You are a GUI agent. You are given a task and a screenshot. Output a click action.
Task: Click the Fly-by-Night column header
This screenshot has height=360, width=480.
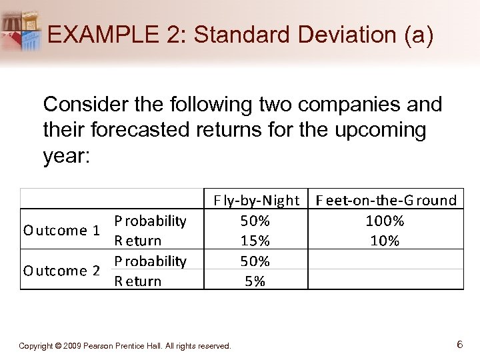[256, 200]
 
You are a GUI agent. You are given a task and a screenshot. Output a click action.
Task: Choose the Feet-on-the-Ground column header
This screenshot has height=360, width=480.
[386, 200]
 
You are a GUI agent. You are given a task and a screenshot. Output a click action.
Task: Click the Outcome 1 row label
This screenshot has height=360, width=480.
[61, 231]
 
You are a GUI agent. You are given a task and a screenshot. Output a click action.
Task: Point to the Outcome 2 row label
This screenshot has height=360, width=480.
[61, 271]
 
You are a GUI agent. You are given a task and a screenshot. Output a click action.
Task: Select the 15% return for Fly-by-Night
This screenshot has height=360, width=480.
[254, 241]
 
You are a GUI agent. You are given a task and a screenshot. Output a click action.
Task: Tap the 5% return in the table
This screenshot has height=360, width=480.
[254, 281]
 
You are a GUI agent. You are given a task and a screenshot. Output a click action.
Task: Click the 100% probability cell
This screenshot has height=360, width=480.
[385, 221]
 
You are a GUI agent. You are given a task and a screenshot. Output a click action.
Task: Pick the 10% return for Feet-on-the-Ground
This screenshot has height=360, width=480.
[385, 241]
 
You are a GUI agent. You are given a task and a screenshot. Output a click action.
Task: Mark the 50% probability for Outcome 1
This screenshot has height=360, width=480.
[254, 221]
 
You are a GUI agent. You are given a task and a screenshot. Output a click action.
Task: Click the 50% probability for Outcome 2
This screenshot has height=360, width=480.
[254, 261]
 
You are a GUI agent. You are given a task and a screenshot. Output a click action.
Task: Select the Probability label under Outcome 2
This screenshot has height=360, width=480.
[150, 261]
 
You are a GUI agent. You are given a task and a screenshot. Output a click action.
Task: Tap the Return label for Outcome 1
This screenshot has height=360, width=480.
[138, 241]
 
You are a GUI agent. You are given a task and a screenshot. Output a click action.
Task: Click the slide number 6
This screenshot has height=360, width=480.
[459, 345]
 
